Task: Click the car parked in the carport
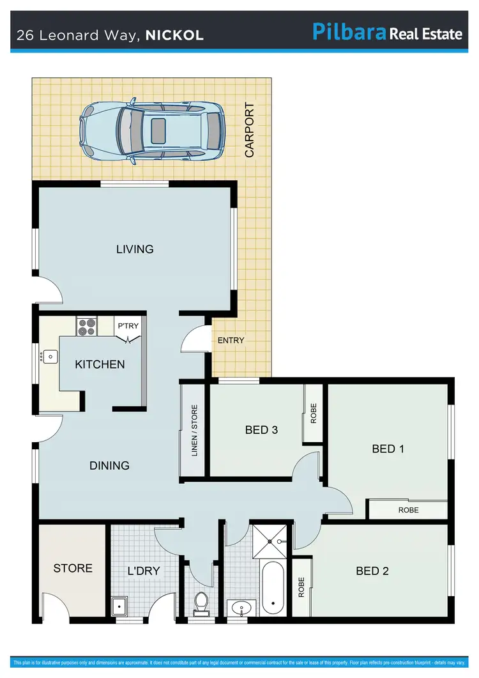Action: coord(152,132)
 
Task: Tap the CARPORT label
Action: coord(250,130)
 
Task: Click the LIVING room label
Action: coord(135,249)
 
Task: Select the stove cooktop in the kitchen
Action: coord(86,327)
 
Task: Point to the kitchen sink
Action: coord(49,357)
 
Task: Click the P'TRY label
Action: coord(128,327)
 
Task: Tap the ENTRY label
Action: coord(231,341)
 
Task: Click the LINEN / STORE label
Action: coord(194,430)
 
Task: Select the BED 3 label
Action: coord(261,430)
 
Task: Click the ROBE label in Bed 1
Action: coord(408,511)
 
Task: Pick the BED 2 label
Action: coord(372,571)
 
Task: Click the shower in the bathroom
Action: coord(271,541)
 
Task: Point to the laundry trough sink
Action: coord(119,606)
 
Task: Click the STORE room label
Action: coord(73,568)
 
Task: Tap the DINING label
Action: coord(109,465)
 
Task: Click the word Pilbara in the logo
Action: coord(349,32)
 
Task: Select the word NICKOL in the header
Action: coord(174,35)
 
